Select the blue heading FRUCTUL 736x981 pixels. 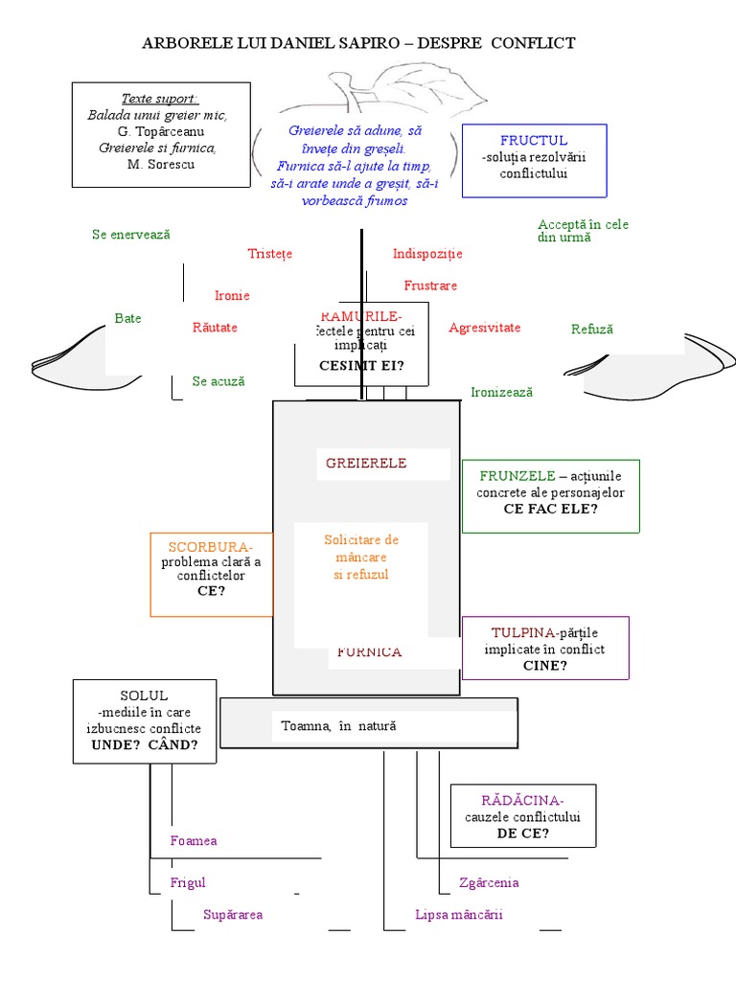tap(534, 140)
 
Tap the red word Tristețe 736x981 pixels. tap(269, 254)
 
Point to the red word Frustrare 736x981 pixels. tap(430, 285)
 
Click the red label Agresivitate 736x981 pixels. tap(484, 328)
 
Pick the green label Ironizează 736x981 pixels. tap(501, 392)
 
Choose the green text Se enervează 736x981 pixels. tap(131, 235)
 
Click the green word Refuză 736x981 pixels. tap(591, 329)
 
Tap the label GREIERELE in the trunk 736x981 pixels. tap(366, 463)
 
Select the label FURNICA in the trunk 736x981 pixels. tap(369, 652)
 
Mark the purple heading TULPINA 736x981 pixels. tap(523, 633)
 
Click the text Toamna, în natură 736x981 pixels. tap(338, 726)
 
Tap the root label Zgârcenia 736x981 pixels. tap(489, 882)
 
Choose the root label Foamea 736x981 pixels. tap(194, 840)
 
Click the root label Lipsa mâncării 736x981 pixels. tap(459, 914)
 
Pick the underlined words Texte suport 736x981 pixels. tap(159, 99)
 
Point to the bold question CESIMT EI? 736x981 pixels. tap(361, 366)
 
